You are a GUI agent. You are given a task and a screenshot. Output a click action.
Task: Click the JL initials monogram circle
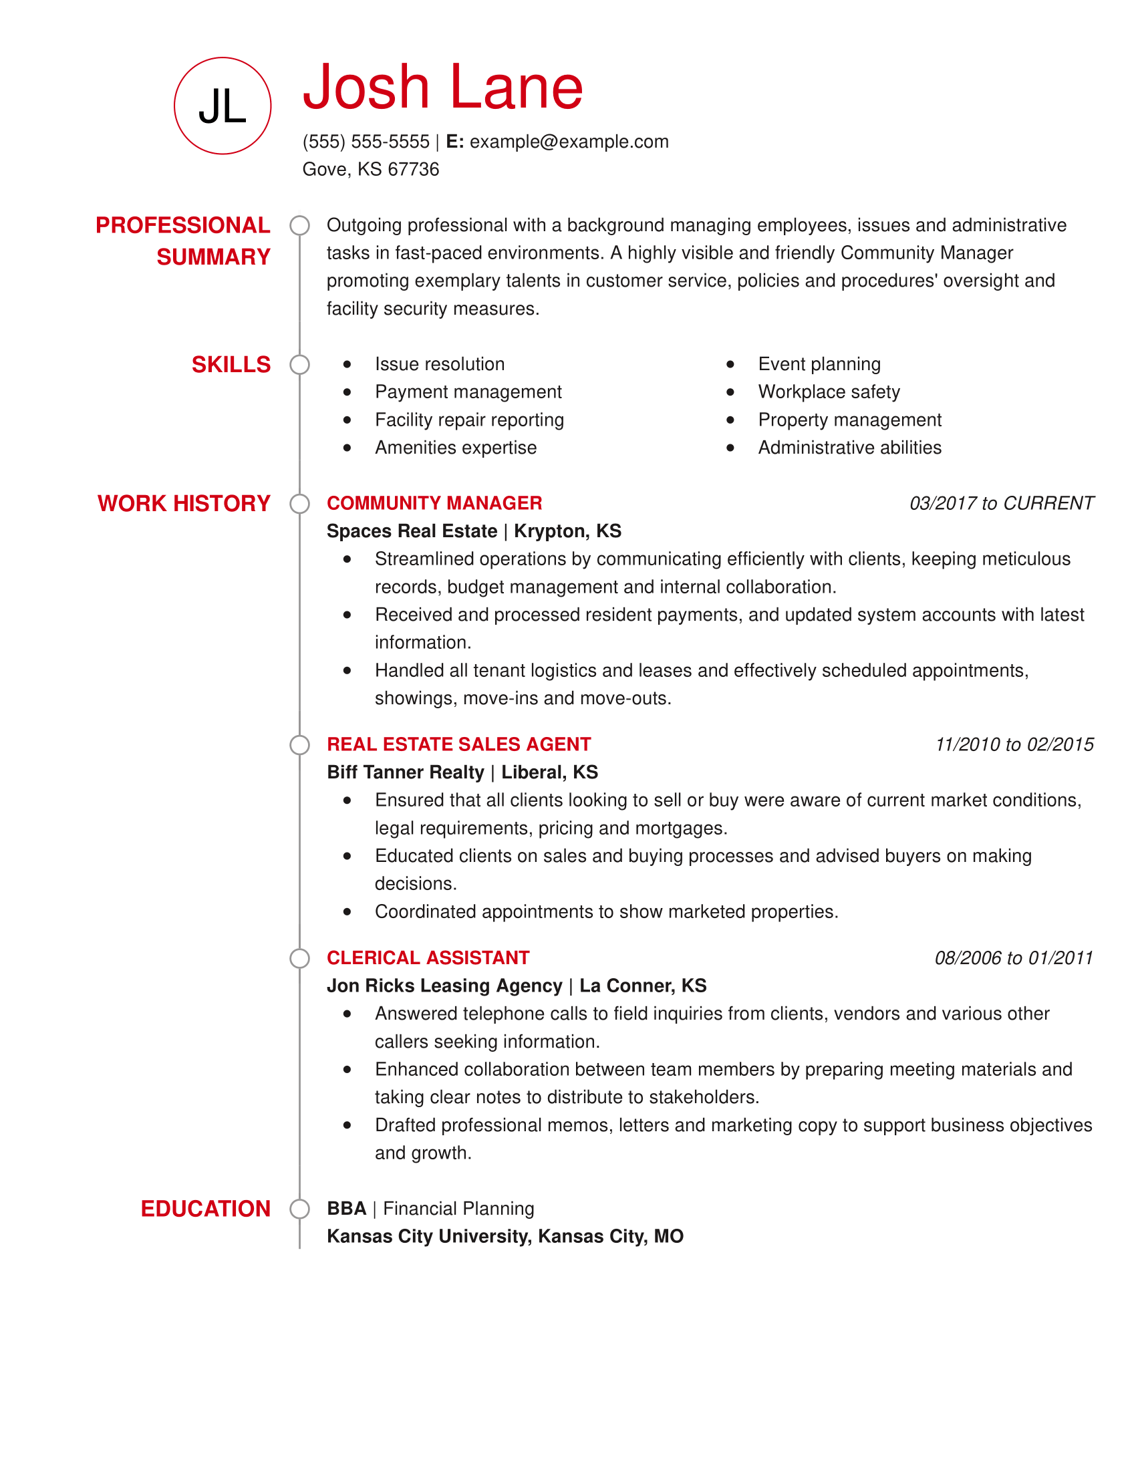pyautogui.click(x=222, y=106)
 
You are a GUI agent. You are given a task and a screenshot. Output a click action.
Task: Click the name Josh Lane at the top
pyautogui.click(x=442, y=87)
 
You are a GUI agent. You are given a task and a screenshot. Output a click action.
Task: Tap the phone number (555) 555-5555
pyautogui.click(x=366, y=142)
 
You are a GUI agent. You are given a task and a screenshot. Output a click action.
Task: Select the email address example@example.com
pyautogui.click(x=569, y=142)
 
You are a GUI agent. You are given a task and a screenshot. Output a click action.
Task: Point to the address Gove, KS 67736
pyautogui.click(x=370, y=170)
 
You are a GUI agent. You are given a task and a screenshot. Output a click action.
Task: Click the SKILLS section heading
pyautogui.click(x=231, y=365)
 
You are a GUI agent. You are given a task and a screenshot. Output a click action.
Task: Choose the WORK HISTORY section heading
pyautogui.click(x=184, y=503)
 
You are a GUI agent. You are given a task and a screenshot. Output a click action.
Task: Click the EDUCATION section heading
pyautogui.click(x=205, y=1209)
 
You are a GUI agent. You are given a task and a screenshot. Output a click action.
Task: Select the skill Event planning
pyautogui.click(x=819, y=364)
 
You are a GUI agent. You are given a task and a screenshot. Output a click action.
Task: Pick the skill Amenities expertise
pyautogui.click(x=456, y=448)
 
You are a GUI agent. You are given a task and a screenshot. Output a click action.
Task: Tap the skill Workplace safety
pyautogui.click(x=829, y=392)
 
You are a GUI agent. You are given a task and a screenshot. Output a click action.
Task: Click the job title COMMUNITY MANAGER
pyautogui.click(x=434, y=502)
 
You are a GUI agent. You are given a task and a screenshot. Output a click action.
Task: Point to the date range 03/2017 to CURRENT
pyautogui.click(x=1001, y=503)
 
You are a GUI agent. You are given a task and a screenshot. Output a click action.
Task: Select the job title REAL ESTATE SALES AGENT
pyautogui.click(x=458, y=744)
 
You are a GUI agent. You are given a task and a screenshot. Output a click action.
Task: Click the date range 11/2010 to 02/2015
pyautogui.click(x=1014, y=744)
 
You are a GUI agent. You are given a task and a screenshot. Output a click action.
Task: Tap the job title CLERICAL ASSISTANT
pyautogui.click(x=428, y=958)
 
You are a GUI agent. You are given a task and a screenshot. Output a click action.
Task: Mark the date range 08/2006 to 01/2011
pyautogui.click(x=1014, y=958)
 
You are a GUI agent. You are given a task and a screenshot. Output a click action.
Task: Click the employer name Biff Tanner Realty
pyautogui.click(x=405, y=772)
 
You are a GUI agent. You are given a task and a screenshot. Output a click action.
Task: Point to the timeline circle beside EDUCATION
pyautogui.click(x=299, y=1209)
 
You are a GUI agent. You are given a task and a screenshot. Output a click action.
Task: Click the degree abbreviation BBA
pyautogui.click(x=347, y=1209)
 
